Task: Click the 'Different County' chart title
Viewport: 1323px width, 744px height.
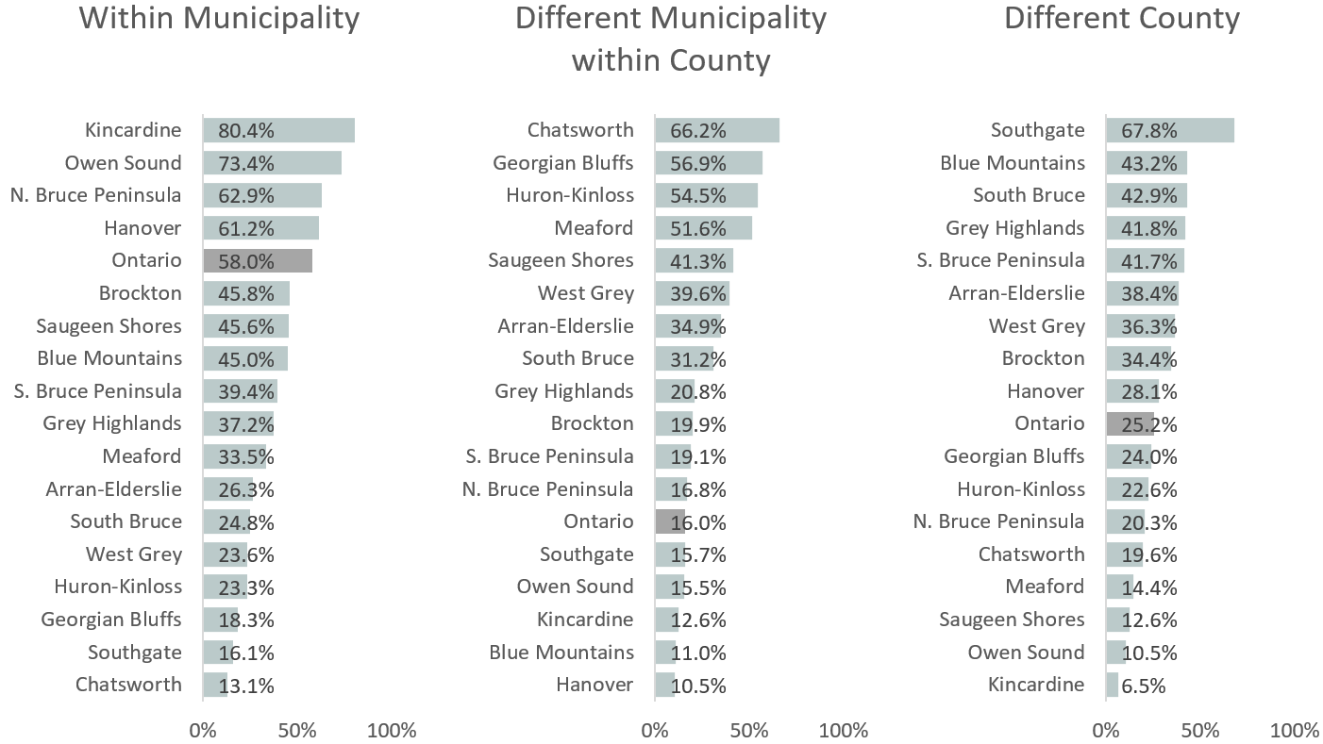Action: pyautogui.click(x=1121, y=18)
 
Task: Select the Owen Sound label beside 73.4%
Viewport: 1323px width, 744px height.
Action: pyautogui.click(x=123, y=163)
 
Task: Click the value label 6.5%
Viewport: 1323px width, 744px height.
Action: pyautogui.click(x=1141, y=686)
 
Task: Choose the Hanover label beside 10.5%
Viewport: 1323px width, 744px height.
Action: pyautogui.click(x=595, y=685)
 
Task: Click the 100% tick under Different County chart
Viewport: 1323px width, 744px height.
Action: pyautogui.click(x=1295, y=731)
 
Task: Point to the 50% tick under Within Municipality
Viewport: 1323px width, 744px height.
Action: pyautogui.click(x=296, y=731)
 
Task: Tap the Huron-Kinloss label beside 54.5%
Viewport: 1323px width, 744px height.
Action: pyautogui.click(x=570, y=195)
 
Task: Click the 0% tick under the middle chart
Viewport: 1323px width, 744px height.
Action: pyautogui.click(x=654, y=731)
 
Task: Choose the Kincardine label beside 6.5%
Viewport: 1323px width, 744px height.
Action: pyautogui.click(x=1036, y=685)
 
